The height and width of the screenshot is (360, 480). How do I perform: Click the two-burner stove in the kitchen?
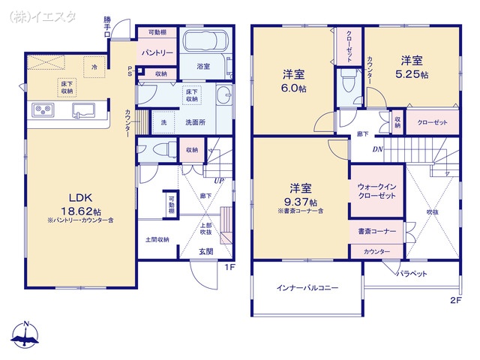[42, 111]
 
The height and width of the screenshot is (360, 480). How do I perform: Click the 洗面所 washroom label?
[191, 123]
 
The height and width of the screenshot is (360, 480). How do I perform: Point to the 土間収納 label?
[157, 239]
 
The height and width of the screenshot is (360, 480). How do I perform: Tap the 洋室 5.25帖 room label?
[413, 67]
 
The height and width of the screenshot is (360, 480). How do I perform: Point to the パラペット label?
[412, 274]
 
